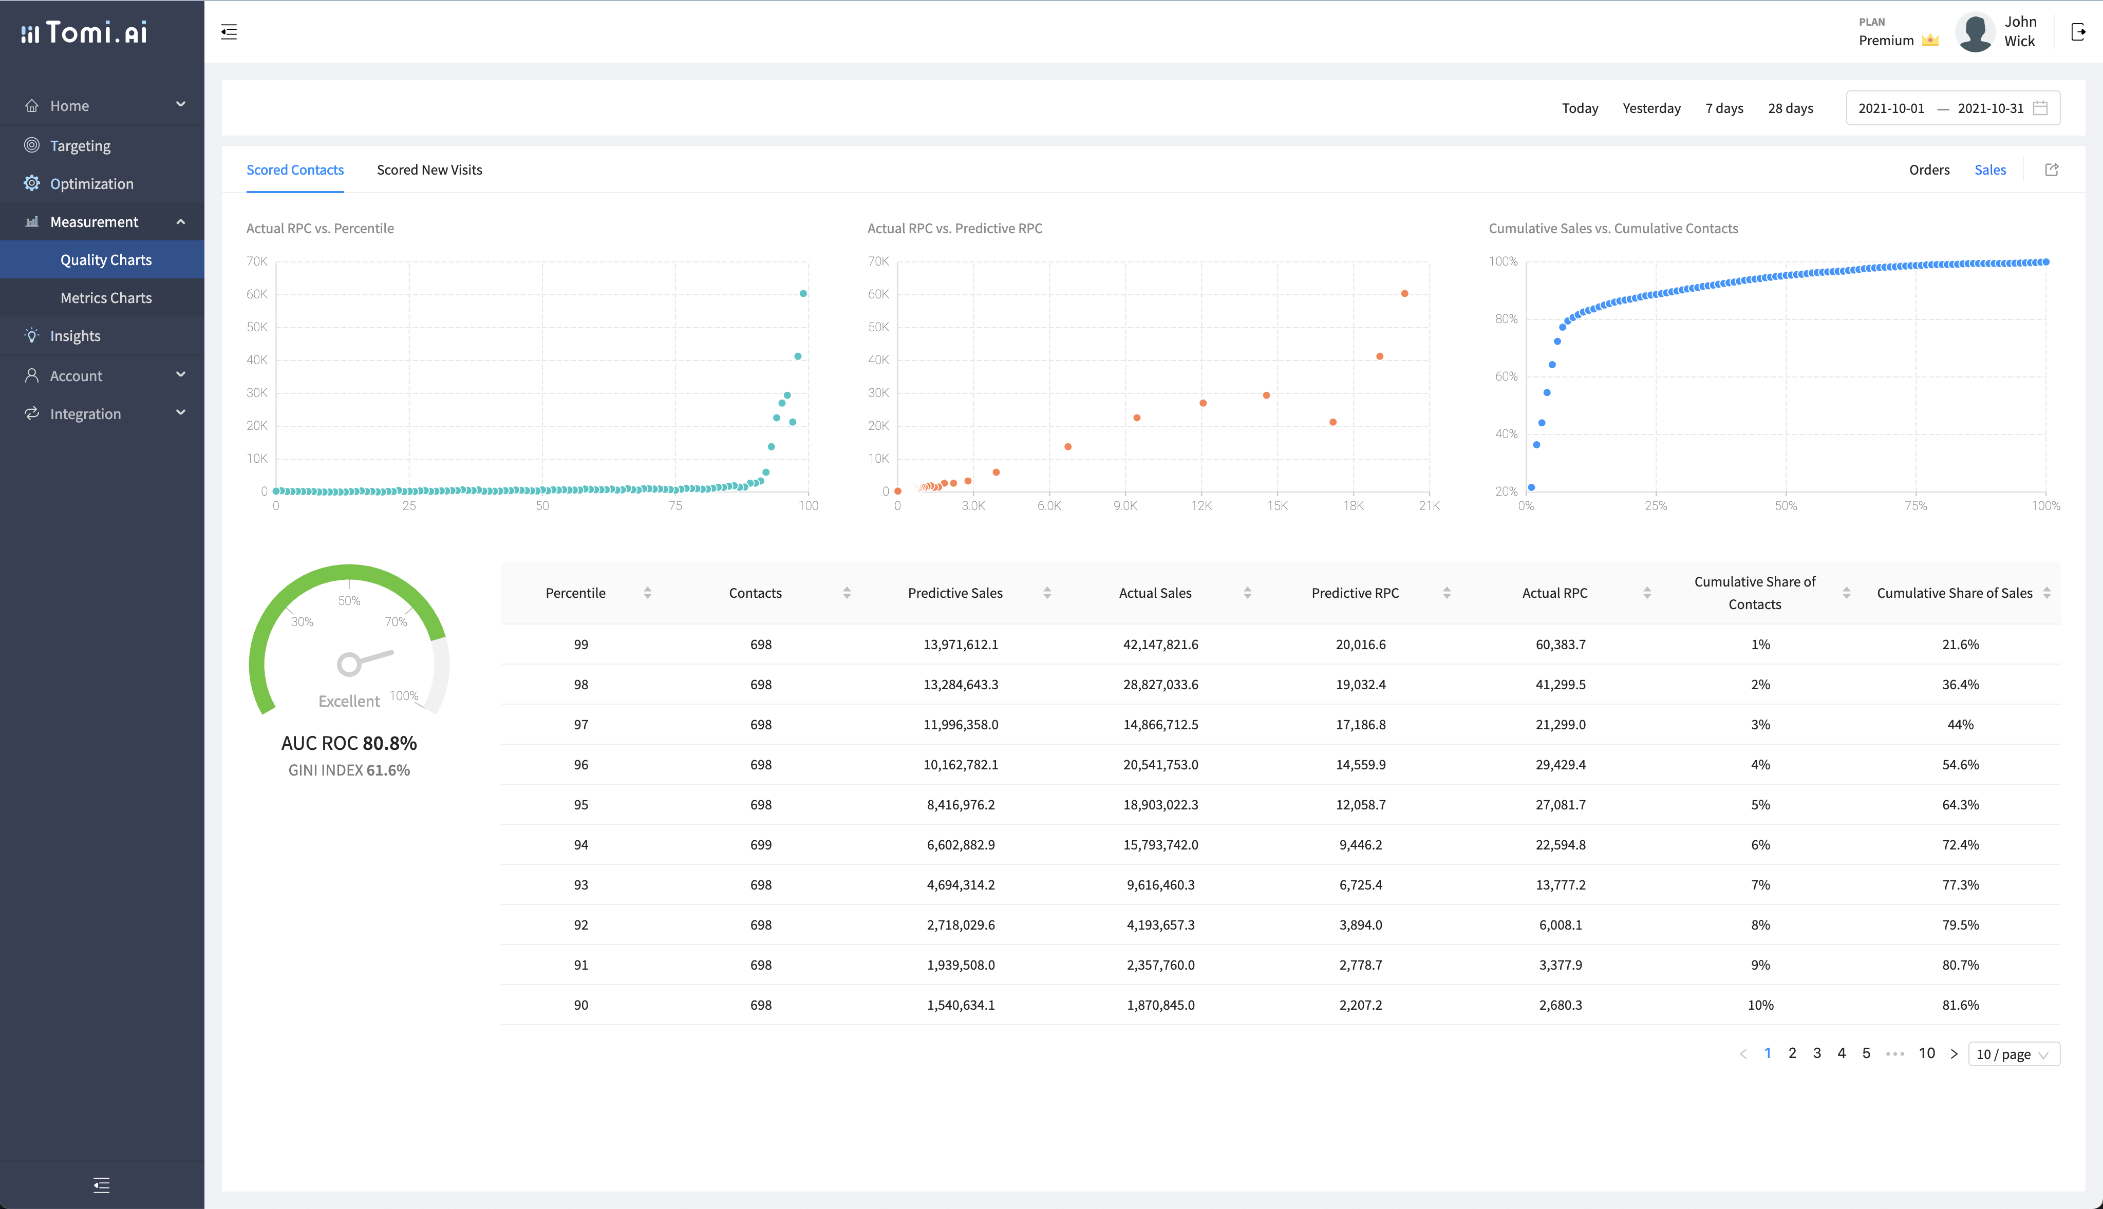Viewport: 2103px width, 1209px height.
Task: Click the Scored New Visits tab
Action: pyautogui.click(x=429, y=169)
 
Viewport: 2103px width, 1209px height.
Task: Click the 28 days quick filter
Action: pyautogui.click(x=1790, y=108)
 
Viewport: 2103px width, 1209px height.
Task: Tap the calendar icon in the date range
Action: pyautogui.click(x=2040, y=108)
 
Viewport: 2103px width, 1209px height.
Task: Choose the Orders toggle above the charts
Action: pyautogui.click(x=1929, y=169)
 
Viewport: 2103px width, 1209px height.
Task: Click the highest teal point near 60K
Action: pyautogui.click(x=803, y=294)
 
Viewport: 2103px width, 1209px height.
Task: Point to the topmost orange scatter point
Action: pyautogui.click(x=1404, y=294)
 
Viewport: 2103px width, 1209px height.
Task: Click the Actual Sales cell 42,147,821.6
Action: pyautogui.click(x=1160, y=645)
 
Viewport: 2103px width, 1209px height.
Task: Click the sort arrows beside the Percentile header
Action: pyautogui.click(x=648, y=593)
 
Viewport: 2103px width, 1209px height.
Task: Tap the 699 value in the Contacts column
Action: pyautogui.click(x=760, y=844)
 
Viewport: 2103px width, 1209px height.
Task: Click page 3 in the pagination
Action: pyautogui.click(x=1816, y=1053)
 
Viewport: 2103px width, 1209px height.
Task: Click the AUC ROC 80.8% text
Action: pyautogui.click(x=349, y=743)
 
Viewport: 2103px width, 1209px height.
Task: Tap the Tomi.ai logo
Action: pyautogui.click(x=85, y=32)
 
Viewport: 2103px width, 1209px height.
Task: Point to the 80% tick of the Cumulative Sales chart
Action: pyautogui.click(x=1505, y=319)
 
